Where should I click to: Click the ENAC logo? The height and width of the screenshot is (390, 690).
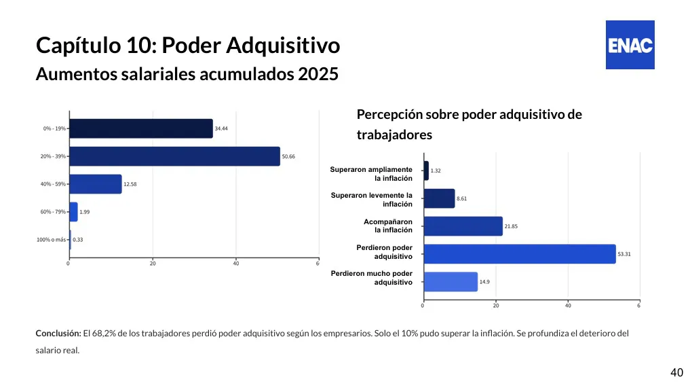(x=630, y=45)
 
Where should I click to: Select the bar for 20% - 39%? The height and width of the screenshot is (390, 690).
(x=174, y=156)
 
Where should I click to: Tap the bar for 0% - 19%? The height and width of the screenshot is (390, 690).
(x=141, y=128)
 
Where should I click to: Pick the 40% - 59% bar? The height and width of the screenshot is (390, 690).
(x=96, y=184)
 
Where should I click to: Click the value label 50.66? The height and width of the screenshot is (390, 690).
(x=288, y=156)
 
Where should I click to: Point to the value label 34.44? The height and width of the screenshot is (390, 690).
(x=221, y=128)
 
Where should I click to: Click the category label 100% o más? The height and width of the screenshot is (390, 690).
(x=51, y=240)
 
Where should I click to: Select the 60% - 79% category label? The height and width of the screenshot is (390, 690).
(x=53, y=212)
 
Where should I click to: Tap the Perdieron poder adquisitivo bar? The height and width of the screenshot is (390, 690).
(x=519, y=254)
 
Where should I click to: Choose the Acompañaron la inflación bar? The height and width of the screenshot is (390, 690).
(x=463, y=226)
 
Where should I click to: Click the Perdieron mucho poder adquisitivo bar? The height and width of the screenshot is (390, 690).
(x=450, y=281)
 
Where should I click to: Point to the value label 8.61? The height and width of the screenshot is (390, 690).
(x=462, y=198)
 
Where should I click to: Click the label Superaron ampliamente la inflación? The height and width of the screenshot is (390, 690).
(x=371, y=174)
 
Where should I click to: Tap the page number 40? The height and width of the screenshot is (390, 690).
(x=676, y=372)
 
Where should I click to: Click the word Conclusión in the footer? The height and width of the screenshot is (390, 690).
(x=58, y=334)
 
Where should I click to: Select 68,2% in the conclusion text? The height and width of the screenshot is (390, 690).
(x=104, y=334)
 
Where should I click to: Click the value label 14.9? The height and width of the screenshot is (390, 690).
(x=485, y=281)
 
